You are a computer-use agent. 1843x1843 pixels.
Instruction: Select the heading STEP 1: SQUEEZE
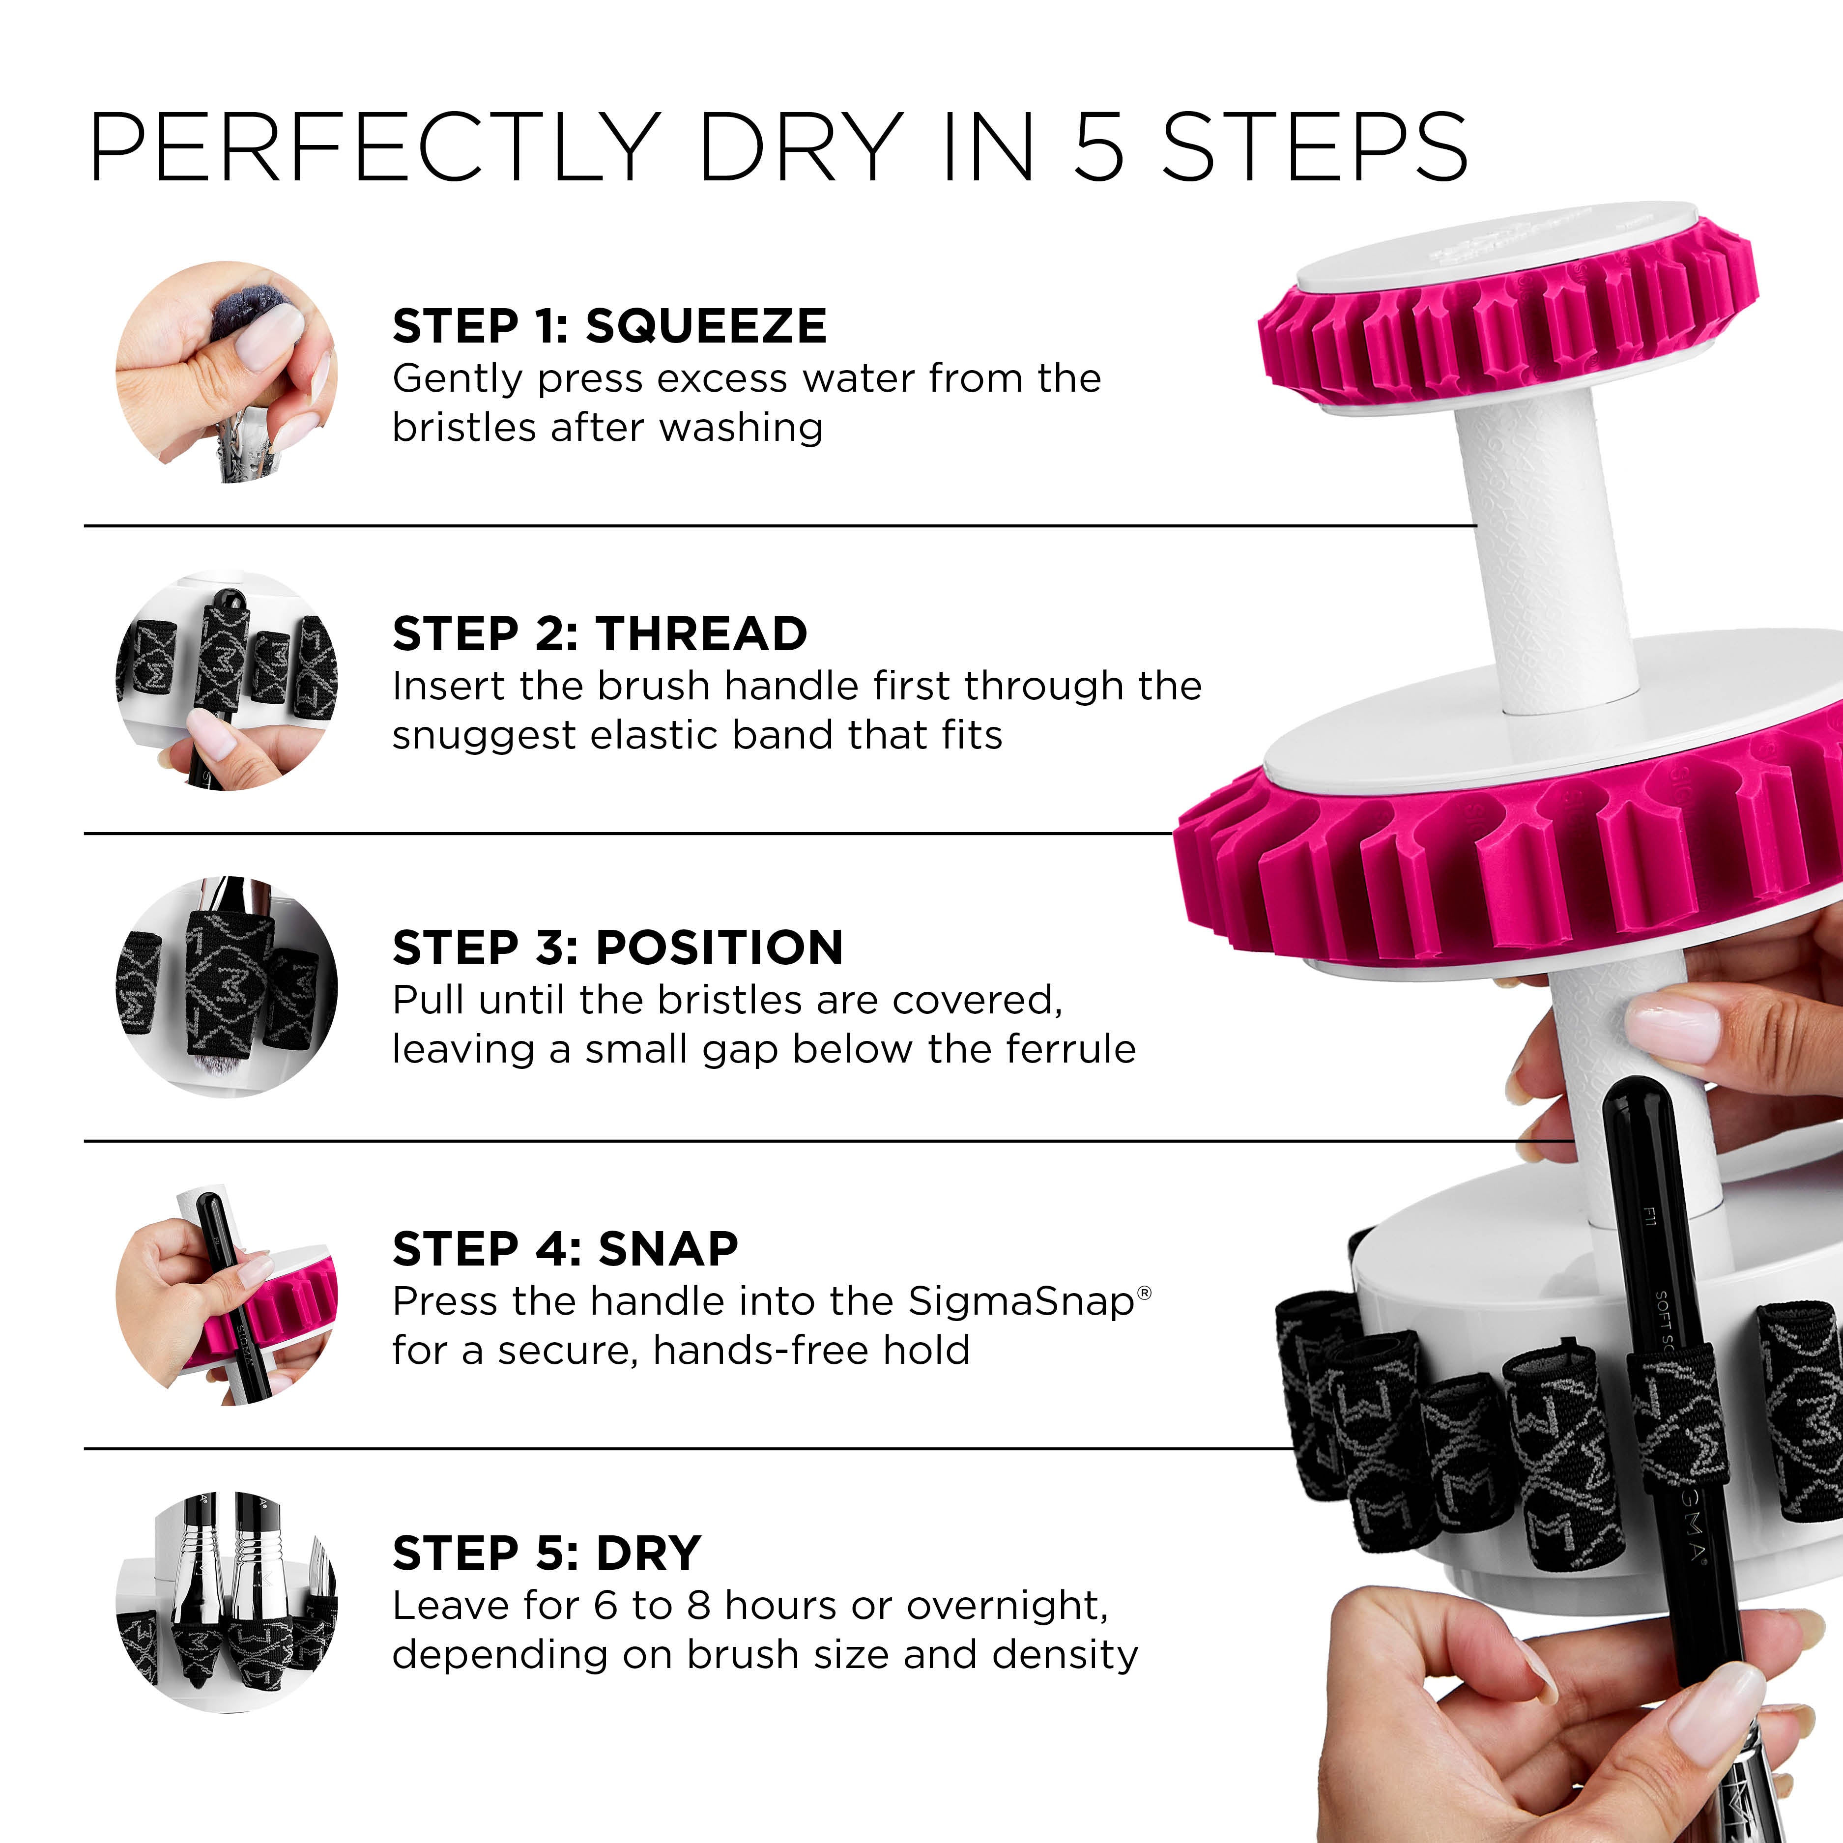coord(609,326)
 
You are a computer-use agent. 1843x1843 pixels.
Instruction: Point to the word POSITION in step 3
coord(720,947)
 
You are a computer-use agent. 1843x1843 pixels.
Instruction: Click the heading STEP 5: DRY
coord(547,1554)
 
